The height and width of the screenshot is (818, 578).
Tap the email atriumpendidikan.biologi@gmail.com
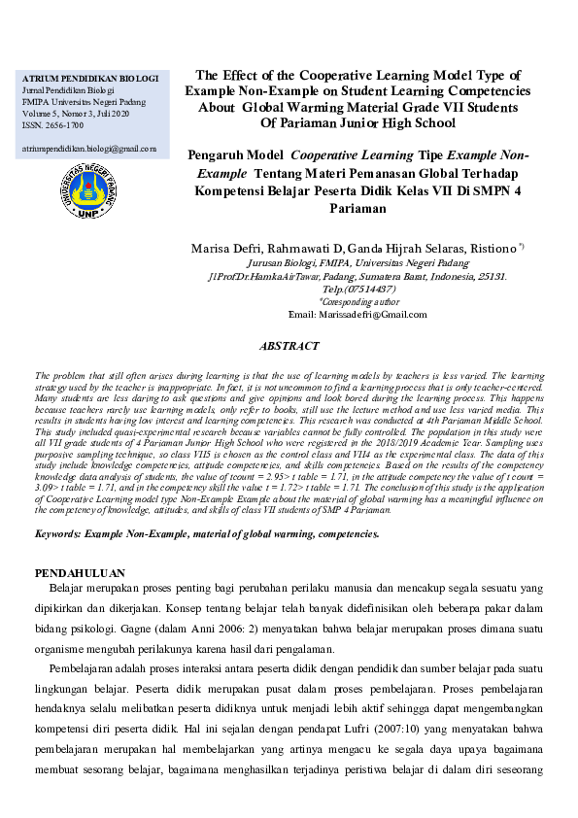[88, 149]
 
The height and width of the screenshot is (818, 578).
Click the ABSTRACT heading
[289, 346]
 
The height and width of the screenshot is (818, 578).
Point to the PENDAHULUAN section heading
[83, 574]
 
